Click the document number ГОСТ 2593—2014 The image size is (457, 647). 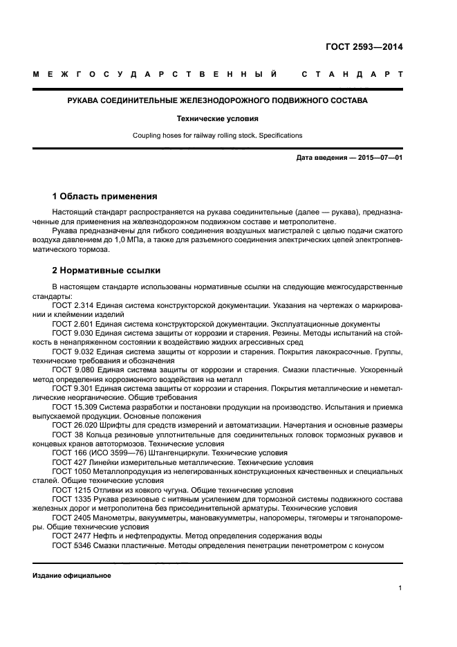pos(364,48)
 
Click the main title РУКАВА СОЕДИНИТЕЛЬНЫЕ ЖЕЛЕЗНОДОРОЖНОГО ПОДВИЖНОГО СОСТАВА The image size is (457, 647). pos(217,101)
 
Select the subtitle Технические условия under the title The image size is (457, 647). pos(217,118)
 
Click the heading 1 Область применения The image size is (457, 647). pos(104,197)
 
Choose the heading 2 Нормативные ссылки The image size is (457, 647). pos(106,271)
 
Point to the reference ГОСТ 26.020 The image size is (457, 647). pos(75,425)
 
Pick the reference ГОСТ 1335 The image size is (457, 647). pos(71,498)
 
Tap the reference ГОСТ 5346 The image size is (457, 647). pos(71,545)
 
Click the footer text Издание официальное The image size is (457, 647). pos(72,576)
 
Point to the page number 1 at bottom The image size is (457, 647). pos(400,588)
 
